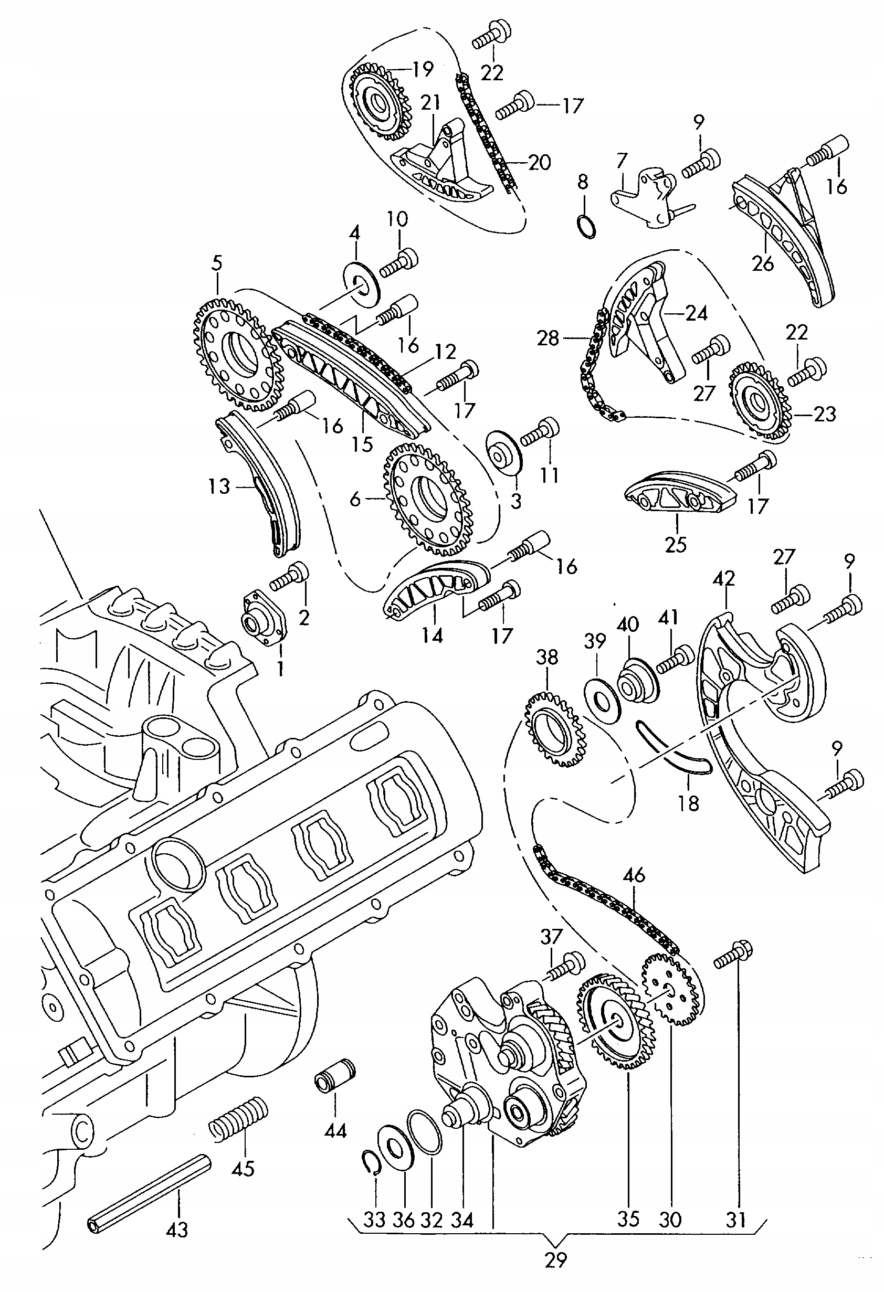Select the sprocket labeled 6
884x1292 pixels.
[x=429, y=499]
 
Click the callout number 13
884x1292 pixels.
[x=219, y=486]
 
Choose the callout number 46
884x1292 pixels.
[x=634, y=874]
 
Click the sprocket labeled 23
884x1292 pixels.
[x=760, y=401]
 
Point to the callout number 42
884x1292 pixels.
[x=723, y=578]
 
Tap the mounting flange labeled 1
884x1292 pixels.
[x=265, y=618]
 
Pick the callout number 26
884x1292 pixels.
[x=762, y=262]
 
